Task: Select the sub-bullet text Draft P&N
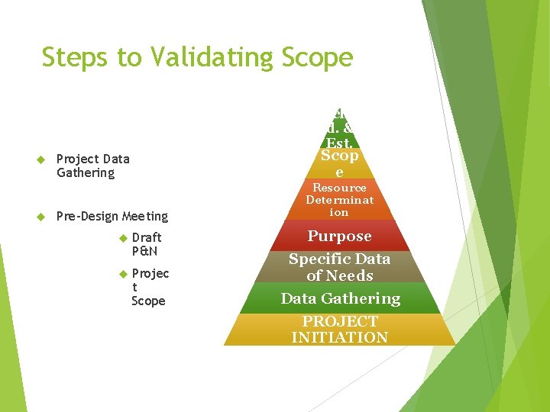click(x=146, y=244)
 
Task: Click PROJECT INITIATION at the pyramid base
click(x=339, y=330)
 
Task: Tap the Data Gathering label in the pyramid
click(x=340, y=298)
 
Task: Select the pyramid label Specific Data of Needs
click(x=339, y=267)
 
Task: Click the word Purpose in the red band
click(x=339, y=237)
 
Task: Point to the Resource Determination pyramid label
click(x=339, y=200)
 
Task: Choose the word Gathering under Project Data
click(x=86, y=173)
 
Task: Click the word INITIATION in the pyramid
click(x=339, y=337)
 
